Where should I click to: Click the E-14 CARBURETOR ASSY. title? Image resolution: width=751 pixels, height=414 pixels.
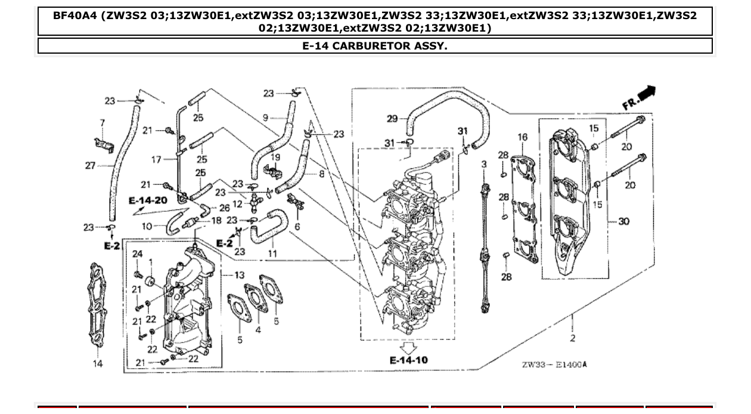(x=375, y=46)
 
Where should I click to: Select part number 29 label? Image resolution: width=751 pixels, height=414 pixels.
(x=392, y=119)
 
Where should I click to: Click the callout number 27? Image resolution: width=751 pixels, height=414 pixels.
(x=91, y=165)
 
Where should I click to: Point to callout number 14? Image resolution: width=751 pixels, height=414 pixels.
(x=98, y=363)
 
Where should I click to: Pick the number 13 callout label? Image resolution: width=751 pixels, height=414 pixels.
(x=239, y=275)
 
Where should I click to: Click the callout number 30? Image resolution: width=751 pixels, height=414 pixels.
(x=623, y=221)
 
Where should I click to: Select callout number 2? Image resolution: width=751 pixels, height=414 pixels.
(x=573, y=338)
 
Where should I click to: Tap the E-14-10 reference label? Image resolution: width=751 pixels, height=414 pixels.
(x=408, y=360)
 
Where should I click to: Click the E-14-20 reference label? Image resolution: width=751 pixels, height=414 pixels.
(x=148, y=200)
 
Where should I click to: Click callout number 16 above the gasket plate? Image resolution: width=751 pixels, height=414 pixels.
(x=522, y=137)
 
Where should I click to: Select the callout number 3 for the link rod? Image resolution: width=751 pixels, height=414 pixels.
(x=484, y=164)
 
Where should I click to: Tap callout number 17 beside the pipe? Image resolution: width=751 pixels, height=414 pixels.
(x=157, y=159)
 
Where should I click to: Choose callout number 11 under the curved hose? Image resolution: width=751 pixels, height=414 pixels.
(x=272, y=254)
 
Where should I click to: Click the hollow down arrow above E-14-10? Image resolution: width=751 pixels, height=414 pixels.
(x=408, y=347)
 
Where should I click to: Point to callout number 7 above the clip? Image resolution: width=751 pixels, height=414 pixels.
(x=102, y=122)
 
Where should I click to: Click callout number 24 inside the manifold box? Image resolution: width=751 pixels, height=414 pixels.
(x=137, y=254)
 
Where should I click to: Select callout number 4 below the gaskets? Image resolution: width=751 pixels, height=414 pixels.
(x=258, y=329)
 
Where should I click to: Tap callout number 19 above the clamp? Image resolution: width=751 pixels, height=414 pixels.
(x=275, y=158)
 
